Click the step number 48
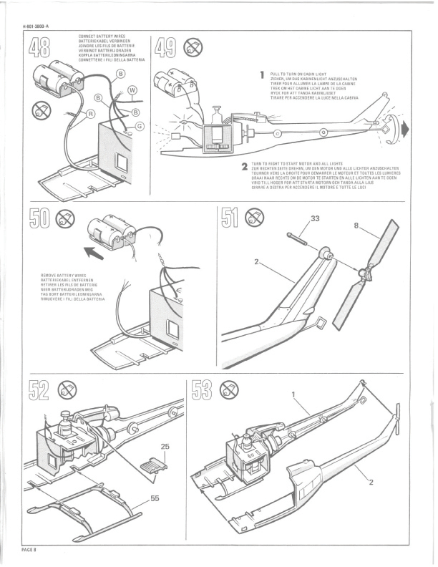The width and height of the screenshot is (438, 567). pyautogui.click(x=42, y=49)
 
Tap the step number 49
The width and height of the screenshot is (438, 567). pyautogui.click(x=166, y=49)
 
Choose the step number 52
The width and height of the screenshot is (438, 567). pyautogui.click(x=40, y=391)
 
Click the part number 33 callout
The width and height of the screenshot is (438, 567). pyautogui.click(x=314, y=218)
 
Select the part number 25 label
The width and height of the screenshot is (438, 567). pyautogui.click(x=165, y=446)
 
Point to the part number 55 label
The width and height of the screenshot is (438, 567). pyautogui.click(x=155, y=498)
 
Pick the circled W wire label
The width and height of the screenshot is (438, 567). pyautogui.click(x=132, y=89)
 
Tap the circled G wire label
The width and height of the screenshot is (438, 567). pyautogui.click(x=140, y=126)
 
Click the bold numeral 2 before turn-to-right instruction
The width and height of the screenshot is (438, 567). pyautogui.click(x=245, y=167)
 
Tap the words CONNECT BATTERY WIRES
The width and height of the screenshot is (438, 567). pyautogui.click(x=103, y=35)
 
